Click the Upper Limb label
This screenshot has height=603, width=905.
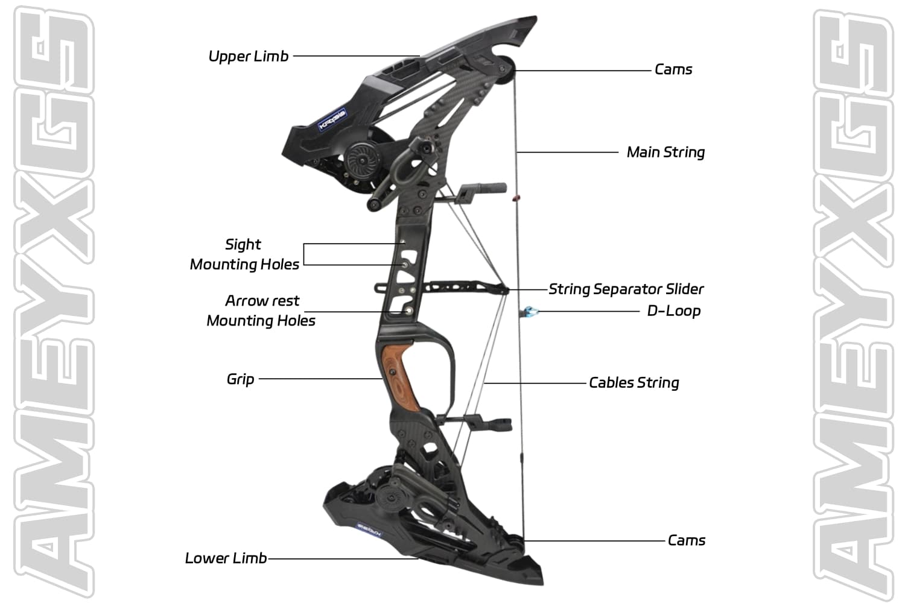point(248,57)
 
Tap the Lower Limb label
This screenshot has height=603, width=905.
point(226,558)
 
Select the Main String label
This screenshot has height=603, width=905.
point(665,152)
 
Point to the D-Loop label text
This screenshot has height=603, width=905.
point(673,311)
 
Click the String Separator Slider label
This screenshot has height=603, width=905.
point(626,289)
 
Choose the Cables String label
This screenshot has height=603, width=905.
point(634,383)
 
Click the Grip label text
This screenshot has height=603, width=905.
point(240,379)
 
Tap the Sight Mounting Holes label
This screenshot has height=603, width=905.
point(244,254)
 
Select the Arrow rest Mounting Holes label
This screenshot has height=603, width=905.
point(261,311)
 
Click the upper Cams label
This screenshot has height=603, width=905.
point(673,70)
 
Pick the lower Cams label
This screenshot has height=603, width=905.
point(686,540)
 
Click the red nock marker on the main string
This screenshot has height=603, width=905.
point(515,197)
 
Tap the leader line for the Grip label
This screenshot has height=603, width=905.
point(320,379)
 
